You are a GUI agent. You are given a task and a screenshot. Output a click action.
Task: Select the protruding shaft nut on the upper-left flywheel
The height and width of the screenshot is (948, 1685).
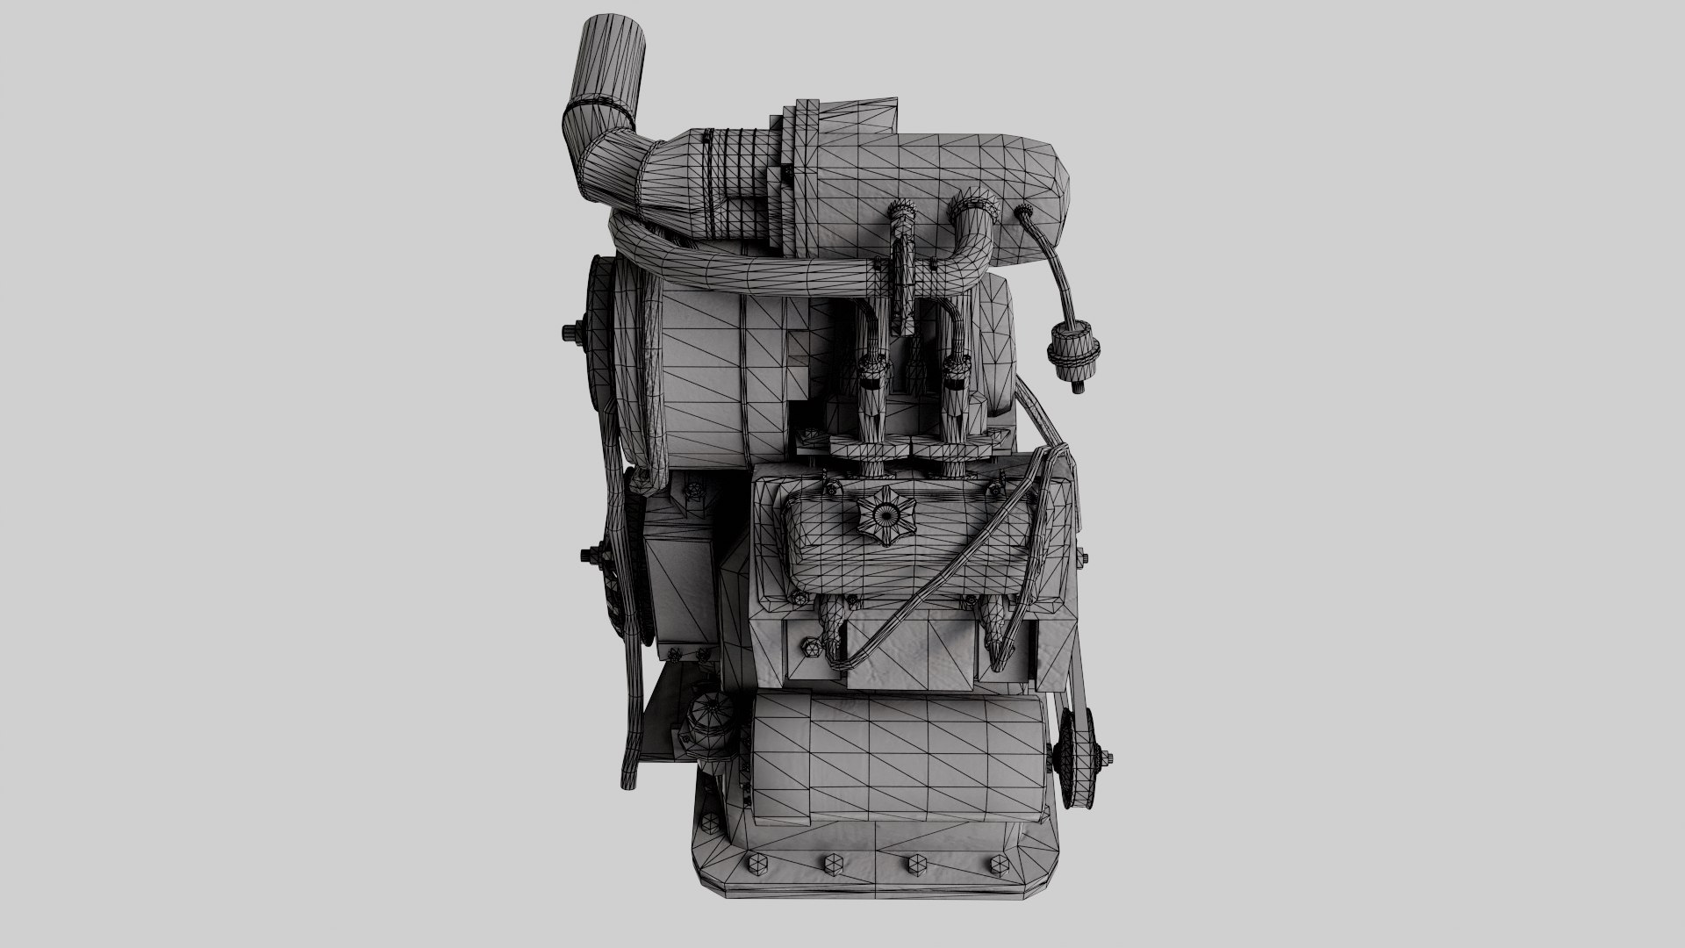tap(569, 333)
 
